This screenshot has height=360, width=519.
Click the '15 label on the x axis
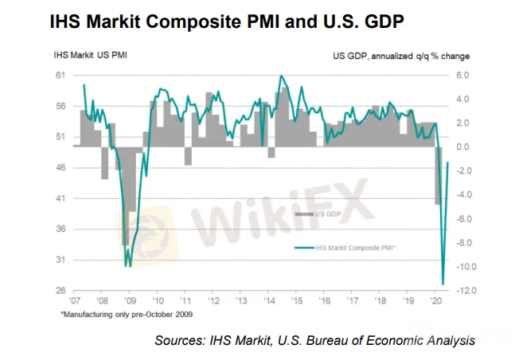pos(295,303)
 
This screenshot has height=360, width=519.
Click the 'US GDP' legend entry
pos(329,214)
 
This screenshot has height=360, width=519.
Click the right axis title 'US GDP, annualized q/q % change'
pos(400,56)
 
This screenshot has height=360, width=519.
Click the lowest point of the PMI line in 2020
pos(443,283)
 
